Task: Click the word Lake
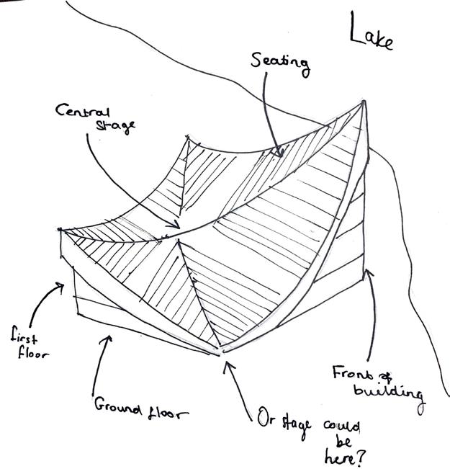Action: pyautogui.click(x=372, y=34)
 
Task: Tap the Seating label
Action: pyautogui.click(x=280, y=62)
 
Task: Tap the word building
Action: pyautogui.click(x=387, y=393)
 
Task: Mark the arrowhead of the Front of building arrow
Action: pyautogui.click(x=369, y=271)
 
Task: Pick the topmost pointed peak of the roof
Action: pyautogui.click(x=365, y=101)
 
